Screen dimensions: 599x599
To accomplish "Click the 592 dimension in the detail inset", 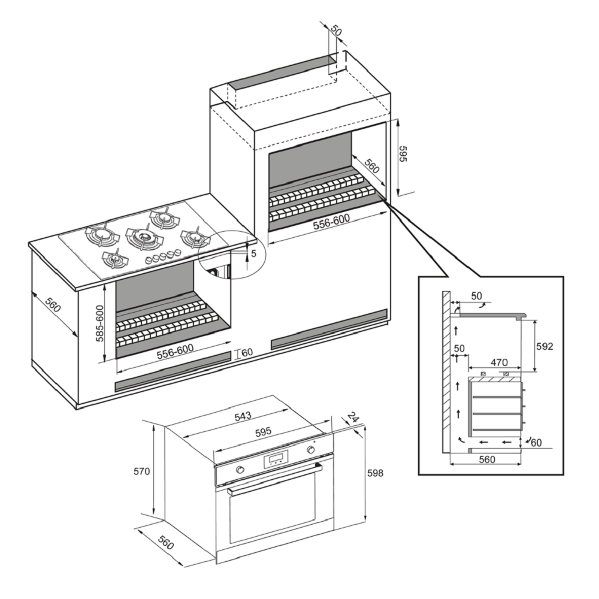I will [544, 347].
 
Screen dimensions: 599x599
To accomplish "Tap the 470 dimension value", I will [498, 362].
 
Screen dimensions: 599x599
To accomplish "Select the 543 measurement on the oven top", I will [243, 416].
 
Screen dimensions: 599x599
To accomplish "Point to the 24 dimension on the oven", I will [353, 417].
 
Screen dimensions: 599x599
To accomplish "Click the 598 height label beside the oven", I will [374, 473].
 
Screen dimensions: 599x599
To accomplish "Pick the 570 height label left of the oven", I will [141, 471].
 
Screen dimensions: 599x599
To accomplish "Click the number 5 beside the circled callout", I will [253, 253].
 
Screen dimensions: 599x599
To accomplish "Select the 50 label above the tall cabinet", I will [336, 31].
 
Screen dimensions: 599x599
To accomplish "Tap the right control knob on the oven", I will [311, 450].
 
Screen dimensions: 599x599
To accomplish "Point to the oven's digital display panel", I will [276, 460].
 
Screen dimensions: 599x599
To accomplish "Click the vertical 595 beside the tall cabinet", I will [403, 155].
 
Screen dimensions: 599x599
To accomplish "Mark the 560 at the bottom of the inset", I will [487, 459].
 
